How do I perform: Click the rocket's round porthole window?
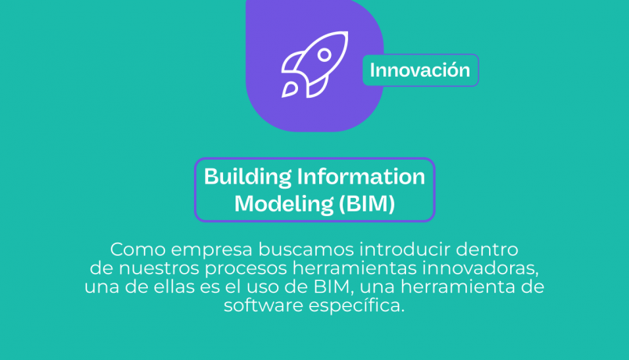click(325, 55)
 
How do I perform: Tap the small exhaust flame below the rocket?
click(289, 90)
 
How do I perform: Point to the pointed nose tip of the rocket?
click(347, 33)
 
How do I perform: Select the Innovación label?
click(420, 70)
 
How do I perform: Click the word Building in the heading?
click(247, 177)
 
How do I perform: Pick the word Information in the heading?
click(361, 177)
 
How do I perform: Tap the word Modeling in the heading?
click(284, 204)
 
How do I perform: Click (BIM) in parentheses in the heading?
click(367, 203)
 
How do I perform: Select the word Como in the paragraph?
click(138, 250)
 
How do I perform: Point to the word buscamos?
click(306, 250)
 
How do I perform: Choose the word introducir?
click(404, 249)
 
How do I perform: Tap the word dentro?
click(487, 249)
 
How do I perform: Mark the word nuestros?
click(159, 268)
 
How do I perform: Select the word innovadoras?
click(480, 268)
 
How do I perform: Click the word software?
click(263, 305)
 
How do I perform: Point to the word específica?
click(357, 306)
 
